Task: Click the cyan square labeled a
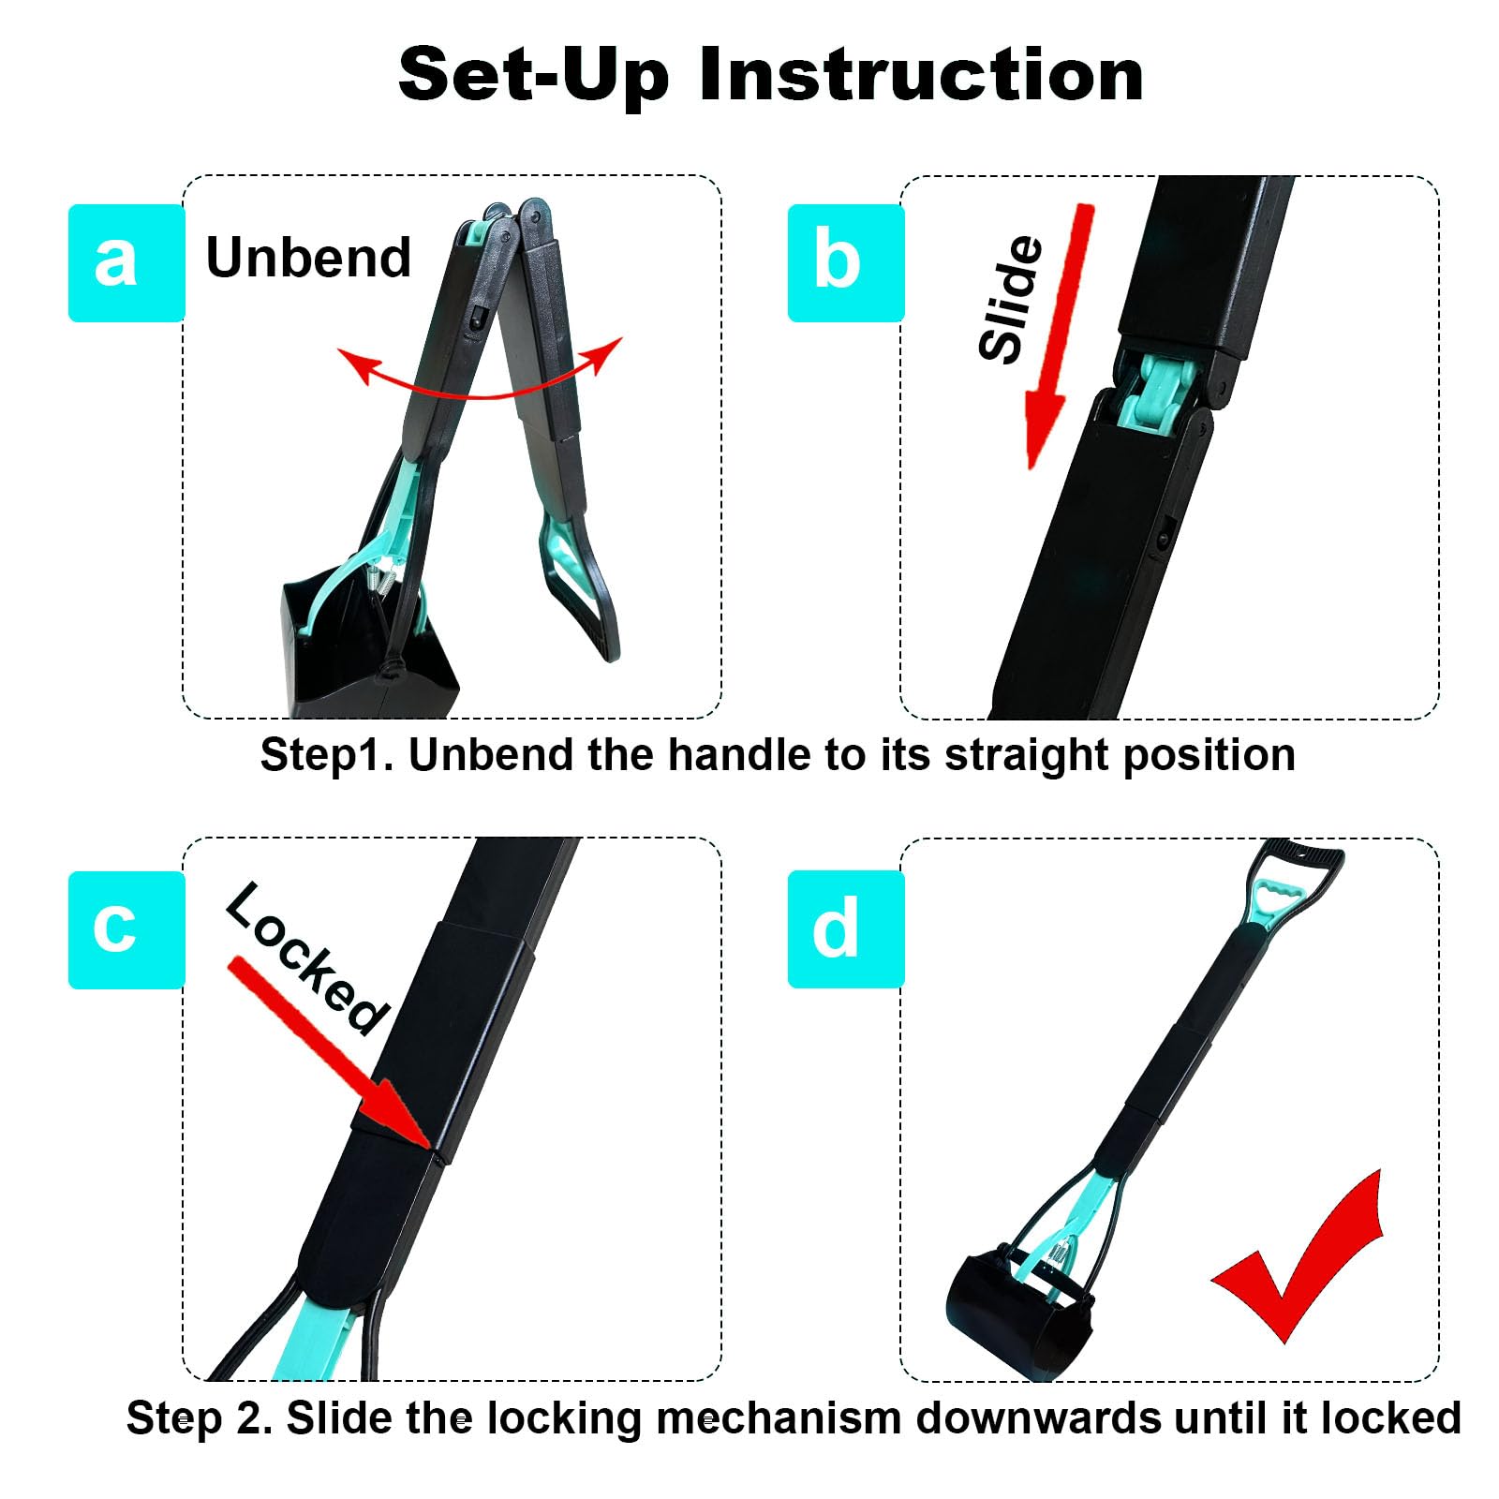pos(126,263)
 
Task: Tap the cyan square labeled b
pos(845,263)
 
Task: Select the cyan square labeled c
pos(126,929)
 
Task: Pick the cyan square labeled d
pos(845,929)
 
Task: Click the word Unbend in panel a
pos(308,258)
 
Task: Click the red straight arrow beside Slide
pos(1059,337)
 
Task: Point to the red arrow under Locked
pos(328,1049)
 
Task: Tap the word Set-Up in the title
pos(533,75)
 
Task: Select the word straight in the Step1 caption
pos(1028,755)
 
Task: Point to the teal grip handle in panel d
pos(1280,899)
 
